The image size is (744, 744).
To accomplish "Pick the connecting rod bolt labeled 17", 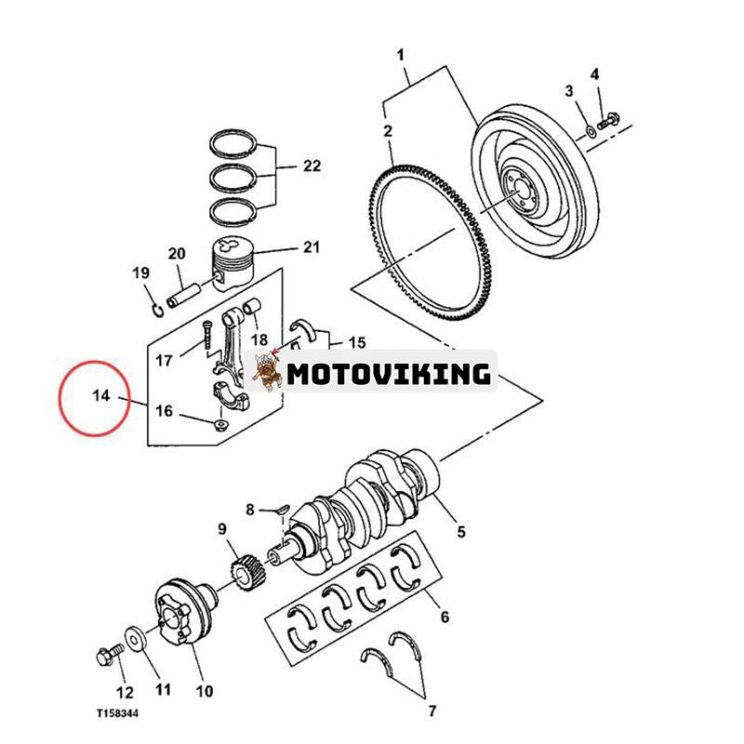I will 206,336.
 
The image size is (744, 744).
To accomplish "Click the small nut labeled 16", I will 219,426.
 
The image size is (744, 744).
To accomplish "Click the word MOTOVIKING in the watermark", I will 388,374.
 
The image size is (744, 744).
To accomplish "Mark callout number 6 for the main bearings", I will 444,616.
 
